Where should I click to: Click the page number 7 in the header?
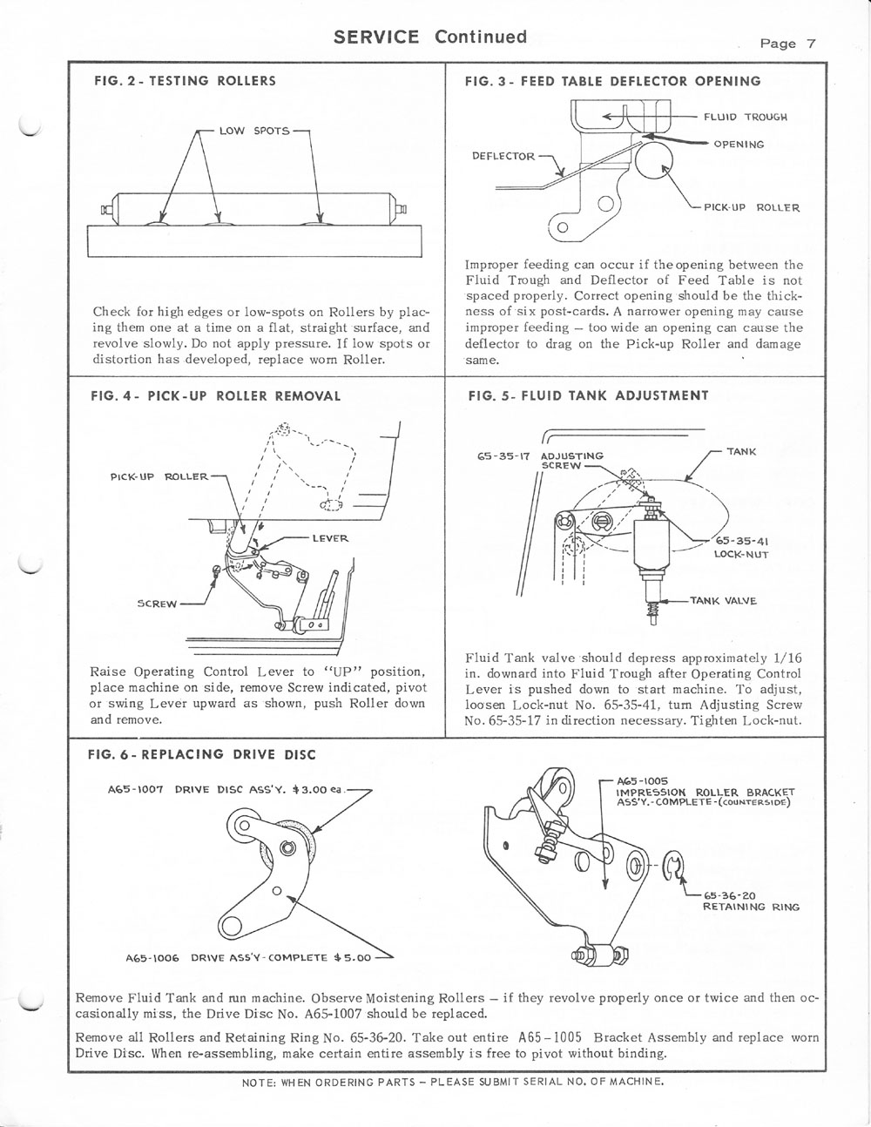[x=809, y=44]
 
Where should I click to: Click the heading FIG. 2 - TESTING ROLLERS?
[x=185, y=81]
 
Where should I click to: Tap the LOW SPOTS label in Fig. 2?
[x=247, y=131]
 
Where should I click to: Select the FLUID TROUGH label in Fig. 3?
[x=746, y=117]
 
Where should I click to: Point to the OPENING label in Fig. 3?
[x=739, y=145]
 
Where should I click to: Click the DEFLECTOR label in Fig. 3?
[x=503, y=157]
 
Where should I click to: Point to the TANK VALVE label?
[x=724, y=601]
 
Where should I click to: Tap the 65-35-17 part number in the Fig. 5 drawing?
[x=501, y=456]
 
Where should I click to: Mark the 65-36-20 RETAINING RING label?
[x=751, y=900]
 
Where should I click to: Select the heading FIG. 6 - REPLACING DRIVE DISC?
[x=203, y=754]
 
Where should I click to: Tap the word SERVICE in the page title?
[x=376, y=37]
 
